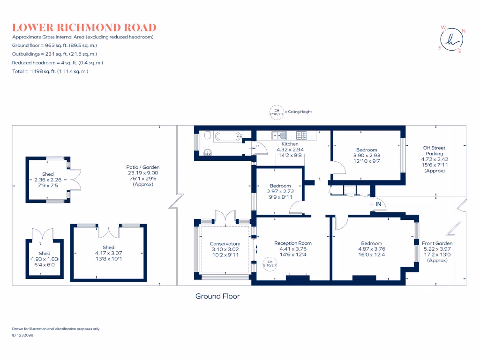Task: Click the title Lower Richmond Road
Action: (84, 28)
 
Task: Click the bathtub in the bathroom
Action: (227, 137)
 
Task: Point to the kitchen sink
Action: (277, 135)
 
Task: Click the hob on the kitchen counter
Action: (301, 135)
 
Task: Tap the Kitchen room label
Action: (290, 144)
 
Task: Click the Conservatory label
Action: (225, 244)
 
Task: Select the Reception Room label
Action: (292, 243)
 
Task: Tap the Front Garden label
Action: (437, 243)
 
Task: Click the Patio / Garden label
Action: (142, 167)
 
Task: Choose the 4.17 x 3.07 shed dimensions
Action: (108, 253)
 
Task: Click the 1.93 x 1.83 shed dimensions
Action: (45, 259)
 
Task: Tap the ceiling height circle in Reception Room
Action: (270, 263)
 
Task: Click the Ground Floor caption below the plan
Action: (217, 296)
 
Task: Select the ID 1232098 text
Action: (22, 335)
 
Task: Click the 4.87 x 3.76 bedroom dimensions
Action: (371, 249)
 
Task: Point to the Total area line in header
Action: (50, 71)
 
